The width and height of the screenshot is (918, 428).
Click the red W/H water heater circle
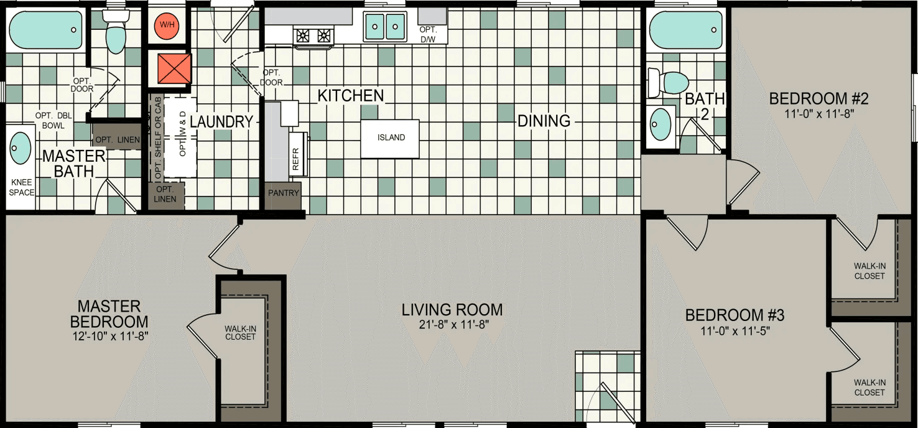click(x=167, y=26)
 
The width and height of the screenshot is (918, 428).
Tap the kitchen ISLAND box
click(x=391, y=138)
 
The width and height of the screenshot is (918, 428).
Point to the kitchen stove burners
click(x=314, y=35)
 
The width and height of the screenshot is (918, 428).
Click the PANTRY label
click(x=284, y=193)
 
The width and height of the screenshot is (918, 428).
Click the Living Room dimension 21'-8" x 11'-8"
click(x=452, y=324)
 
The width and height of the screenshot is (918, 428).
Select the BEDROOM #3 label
click(x=735, y=315)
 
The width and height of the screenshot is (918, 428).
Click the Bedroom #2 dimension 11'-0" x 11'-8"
click(x=818, y=114)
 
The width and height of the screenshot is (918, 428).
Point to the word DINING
click(x=544, y=121)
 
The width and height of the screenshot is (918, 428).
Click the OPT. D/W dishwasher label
click(x=427, y=35)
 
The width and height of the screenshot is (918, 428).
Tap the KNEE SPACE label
click(x=22, y=187)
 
